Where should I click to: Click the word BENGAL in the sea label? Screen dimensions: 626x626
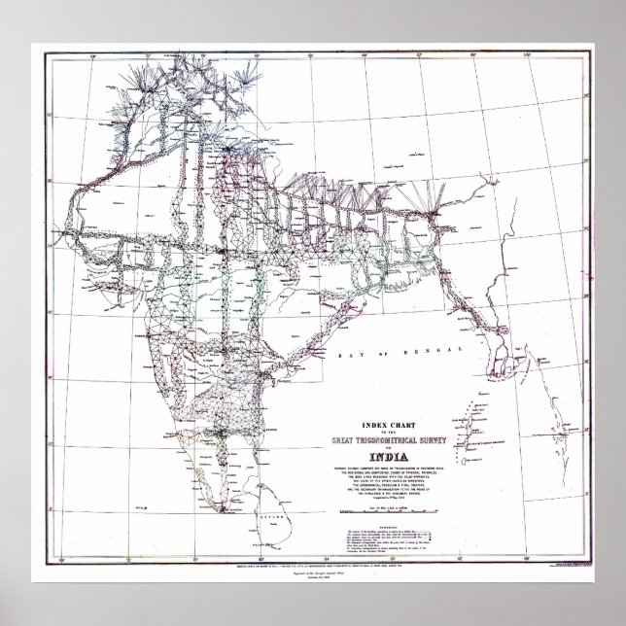(407, 360)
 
